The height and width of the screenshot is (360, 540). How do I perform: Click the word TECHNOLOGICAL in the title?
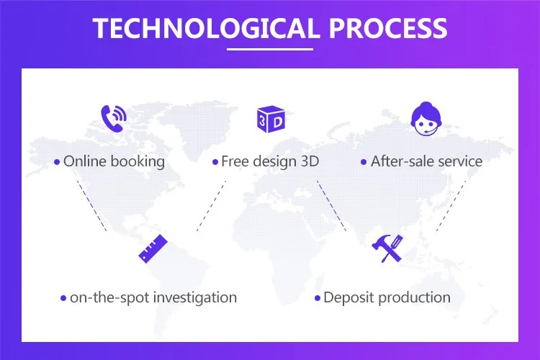click(x=206, y=28)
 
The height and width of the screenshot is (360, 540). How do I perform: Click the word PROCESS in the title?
click(x=389, y=28)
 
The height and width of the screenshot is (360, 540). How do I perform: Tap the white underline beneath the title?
click(x=270, y=49)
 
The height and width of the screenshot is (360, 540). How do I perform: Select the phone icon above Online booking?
click(x=114, y=119)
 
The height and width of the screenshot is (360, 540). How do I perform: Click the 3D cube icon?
click(x=271, y=120)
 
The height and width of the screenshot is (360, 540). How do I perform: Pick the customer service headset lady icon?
click(x=426, y=119)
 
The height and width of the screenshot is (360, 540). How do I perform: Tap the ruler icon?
click(x=153, y=248)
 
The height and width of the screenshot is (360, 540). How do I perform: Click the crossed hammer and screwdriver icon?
click(x=387, y=248)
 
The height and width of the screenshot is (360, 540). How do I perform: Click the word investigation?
click(x=195, y=297)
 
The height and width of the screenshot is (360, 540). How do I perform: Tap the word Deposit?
click(x=349, y=297)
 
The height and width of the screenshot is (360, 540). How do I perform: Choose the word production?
click(x=414, y=297)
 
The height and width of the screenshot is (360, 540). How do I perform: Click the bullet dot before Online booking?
click(x=57, y=162)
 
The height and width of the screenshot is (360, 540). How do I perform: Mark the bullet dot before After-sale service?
click(x=364, y=162)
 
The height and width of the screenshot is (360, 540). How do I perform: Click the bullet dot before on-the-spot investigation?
click(x=63, y=298)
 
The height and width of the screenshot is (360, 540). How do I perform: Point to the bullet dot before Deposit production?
click(x=318, y=298)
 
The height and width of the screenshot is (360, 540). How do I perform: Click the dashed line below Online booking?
click(x=91, y=206)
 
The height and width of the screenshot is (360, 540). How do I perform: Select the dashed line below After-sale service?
click(x=451, y=206)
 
